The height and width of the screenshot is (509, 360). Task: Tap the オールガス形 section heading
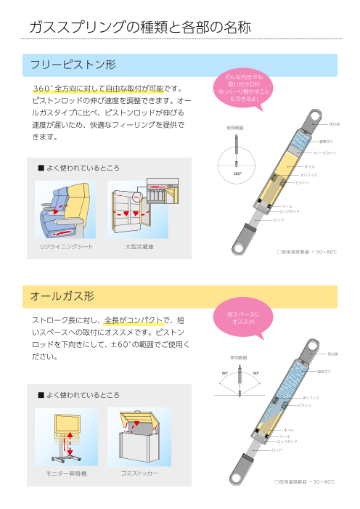coord(62,296)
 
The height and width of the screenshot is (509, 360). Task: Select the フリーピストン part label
coord(324,153)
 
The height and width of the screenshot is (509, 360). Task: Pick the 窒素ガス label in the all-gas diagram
coord(324,371)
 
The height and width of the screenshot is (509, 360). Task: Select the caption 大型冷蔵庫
coord(139,247)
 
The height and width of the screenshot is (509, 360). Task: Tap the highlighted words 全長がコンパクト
coord(131,319)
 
